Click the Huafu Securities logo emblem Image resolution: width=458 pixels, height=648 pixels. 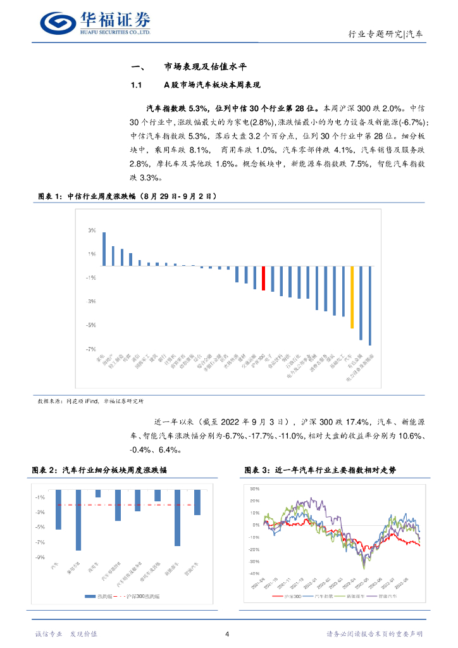point(59,22)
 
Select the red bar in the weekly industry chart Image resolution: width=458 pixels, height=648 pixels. point(263,278)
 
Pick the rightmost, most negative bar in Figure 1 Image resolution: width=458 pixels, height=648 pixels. point(369,306)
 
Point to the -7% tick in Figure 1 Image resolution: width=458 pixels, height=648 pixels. point(91,349)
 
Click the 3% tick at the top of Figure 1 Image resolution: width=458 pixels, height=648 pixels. point(92,230)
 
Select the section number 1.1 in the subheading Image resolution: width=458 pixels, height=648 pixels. point(136,85)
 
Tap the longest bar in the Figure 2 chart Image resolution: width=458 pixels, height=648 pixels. point(78,520)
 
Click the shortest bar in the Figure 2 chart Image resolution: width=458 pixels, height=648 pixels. point(98,493)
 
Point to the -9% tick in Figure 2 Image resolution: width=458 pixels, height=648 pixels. point(39,558)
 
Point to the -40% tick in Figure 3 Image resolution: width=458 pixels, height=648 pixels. point(255,573)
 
